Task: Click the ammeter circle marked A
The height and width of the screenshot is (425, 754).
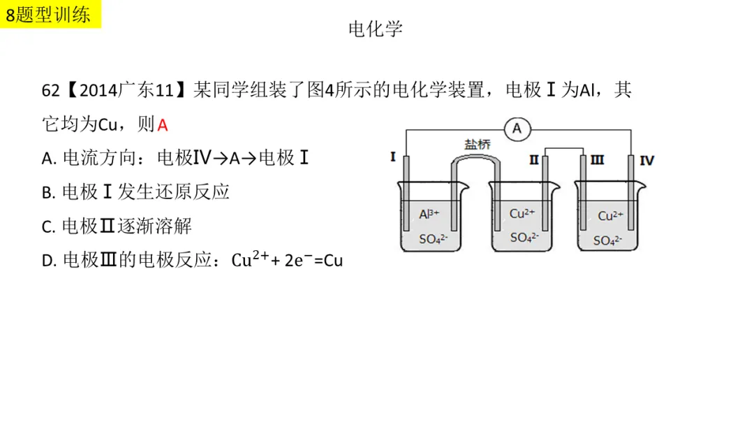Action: [517, 129]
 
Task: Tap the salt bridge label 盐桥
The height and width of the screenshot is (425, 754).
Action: [477, 145]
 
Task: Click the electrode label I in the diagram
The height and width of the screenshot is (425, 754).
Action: [393, 157]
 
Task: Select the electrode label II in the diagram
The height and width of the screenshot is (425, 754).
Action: [534, 160]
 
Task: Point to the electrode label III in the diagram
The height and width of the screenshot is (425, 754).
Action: [597, 160]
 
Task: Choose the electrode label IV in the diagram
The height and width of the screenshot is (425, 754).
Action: [646, 161]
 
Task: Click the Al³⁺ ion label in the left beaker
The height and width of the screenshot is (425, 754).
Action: [429, 214]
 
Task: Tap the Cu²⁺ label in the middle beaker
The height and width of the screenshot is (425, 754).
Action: [522, 213]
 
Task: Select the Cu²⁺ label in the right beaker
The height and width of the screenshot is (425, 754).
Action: [610, 215]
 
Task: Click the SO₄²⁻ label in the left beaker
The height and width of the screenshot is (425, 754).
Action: [434, 239]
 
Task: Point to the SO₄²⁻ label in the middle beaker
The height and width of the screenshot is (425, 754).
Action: [524, 237]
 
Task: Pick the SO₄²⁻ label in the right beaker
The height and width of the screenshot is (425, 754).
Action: [607, 240]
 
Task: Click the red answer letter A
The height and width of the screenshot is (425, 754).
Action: [163, 126]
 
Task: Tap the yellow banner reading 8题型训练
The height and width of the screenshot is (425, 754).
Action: [50, 14]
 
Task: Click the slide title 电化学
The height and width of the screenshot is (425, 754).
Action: [376, 29]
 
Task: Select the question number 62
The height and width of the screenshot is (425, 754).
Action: [50, 90]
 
